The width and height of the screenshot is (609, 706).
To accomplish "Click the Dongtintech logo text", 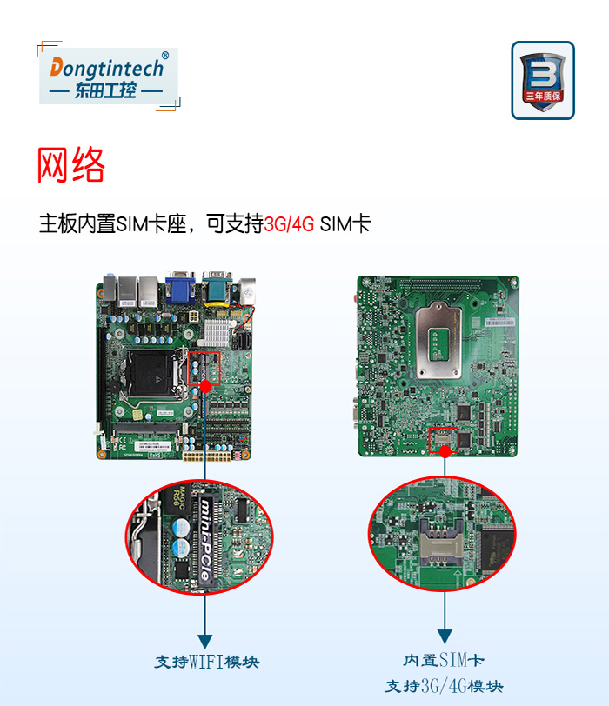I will coord(107,67).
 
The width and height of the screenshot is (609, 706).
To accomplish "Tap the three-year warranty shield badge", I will coord(542,80).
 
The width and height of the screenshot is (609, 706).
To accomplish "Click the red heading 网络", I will coord(71,165).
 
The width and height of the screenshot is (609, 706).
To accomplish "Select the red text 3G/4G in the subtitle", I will coord(289,223).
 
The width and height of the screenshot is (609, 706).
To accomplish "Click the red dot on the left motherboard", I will coord(205,385).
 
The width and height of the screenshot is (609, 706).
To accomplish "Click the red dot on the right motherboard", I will coord(445,451).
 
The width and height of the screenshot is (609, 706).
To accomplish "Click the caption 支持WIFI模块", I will coord(207,662).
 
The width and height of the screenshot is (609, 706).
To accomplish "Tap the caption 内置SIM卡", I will coord(444,661).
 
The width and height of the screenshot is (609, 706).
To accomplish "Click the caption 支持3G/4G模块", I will coord(444,686).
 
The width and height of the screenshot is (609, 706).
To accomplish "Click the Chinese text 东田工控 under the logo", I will coord(106,90).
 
